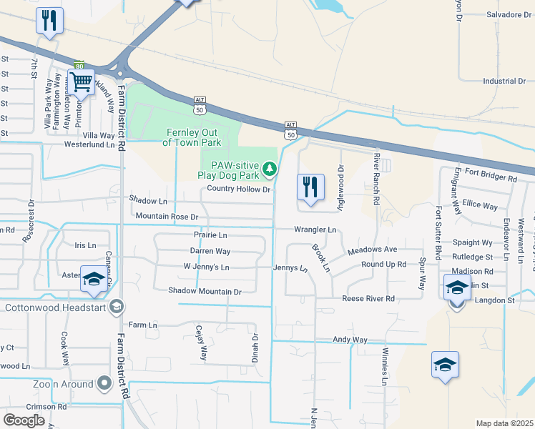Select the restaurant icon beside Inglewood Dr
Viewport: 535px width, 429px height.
[310, 187]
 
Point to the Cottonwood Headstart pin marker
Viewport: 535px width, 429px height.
[117, 308]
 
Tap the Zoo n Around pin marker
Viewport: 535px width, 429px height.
[104, 384]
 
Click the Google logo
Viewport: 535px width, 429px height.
[24, 420]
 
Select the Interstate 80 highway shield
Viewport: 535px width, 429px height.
[79, 65]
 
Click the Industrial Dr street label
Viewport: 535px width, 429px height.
[504, 82]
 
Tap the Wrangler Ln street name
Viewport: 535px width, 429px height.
[315, 230]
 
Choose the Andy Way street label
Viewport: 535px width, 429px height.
[350, 340]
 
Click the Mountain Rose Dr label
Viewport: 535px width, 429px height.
[166, 216]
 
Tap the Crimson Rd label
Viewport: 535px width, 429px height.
[46, 407]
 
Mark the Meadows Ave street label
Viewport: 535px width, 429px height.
[372, 250]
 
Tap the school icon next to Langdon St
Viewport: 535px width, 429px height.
[457, 288]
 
